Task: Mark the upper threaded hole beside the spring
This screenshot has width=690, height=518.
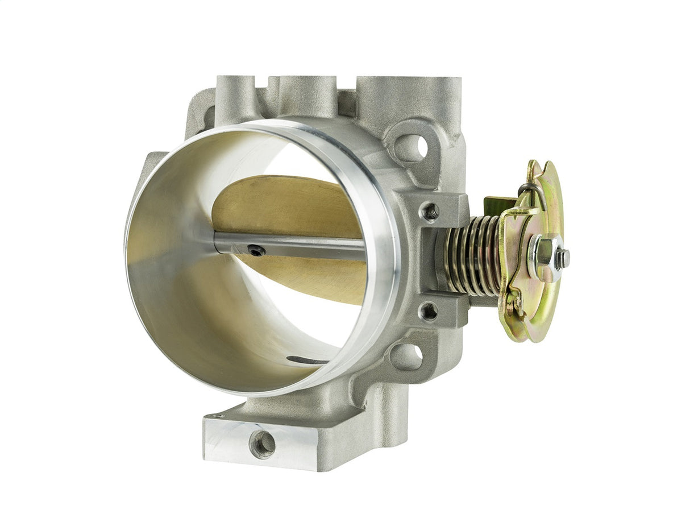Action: coord(430,212)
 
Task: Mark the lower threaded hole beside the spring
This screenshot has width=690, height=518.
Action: coord(429,311)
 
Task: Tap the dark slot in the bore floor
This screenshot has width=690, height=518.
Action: coord(307,360)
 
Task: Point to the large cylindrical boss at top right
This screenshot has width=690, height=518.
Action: coord(409,97)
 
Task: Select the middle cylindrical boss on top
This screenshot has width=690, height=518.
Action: coord(307,94)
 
